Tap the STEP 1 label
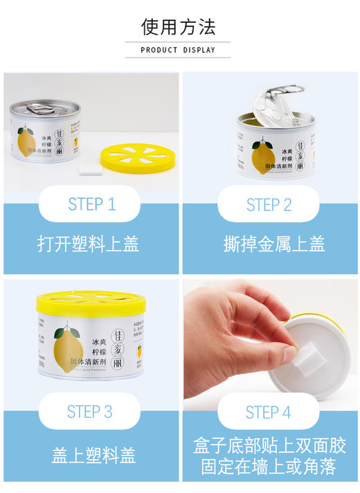91,204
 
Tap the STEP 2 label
269,204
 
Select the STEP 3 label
89,411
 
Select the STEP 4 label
268,413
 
